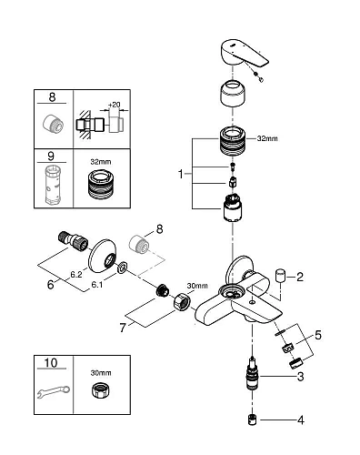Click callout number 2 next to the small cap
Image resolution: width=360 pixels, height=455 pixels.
(x=300, y=277)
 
